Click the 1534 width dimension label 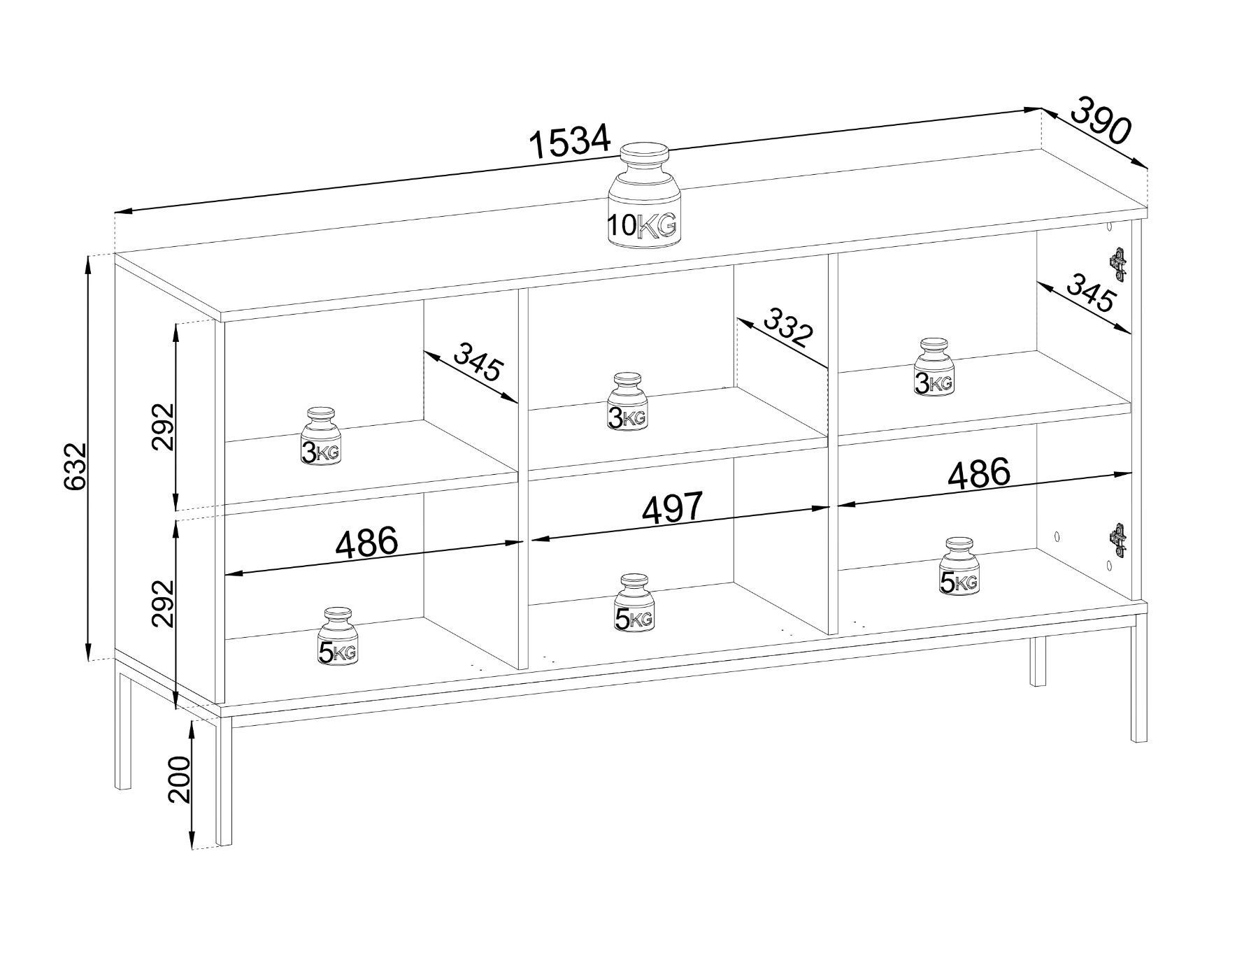[569, 143]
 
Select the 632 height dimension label [75, 465]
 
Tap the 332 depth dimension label [788, 328]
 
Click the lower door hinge [1119, 541]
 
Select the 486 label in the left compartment [367, 543]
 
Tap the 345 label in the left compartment [477, 361]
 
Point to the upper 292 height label [162, 427]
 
